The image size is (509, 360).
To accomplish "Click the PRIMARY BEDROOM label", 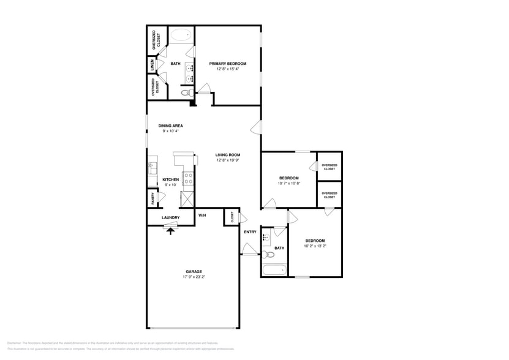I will pyautogui.click(x=227, y=64).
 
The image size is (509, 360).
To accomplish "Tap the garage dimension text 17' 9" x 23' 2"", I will pyautogui.click(x=194, y=277).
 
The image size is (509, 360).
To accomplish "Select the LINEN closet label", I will pyautogui.click(x=151, y=64).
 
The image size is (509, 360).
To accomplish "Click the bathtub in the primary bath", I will pyautogui.click(x=180, y=35).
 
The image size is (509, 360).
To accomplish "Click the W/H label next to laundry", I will pyautogui.click(x=202, y=216).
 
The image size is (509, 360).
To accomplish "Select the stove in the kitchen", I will pyautogui.click(x=189, y=178).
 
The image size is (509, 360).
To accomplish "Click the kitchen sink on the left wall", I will pyautogui.click(x=153, y=167).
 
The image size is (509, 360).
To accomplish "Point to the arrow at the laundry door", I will pyautogui.click(x=170, y=228).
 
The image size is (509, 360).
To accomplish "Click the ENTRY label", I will pyautogui.click(x=250, y=232).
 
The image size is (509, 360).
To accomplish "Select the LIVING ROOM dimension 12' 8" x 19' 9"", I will pyautogui.click(x=227, y=160).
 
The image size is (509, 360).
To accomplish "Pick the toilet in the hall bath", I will pyautogui.click(x=268, y=255).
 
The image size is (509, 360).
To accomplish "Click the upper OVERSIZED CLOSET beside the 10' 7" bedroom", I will pyautogui.click(x=329, y=167).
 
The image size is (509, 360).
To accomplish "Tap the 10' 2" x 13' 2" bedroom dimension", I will pyautogui.click(x=315, y=246).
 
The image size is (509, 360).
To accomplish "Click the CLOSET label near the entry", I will pyautogui.click(x=232, y=216).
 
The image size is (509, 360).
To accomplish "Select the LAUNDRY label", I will pyautogui.click(x=170, y=217).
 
